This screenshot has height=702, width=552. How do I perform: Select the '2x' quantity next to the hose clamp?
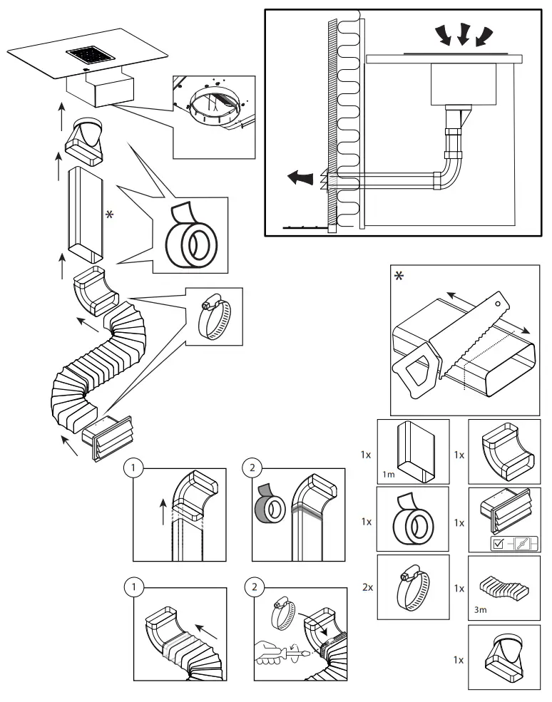point(367,589)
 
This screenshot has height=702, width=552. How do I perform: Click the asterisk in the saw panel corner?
point(399,275)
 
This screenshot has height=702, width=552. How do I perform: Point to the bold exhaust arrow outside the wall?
point(299,178)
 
